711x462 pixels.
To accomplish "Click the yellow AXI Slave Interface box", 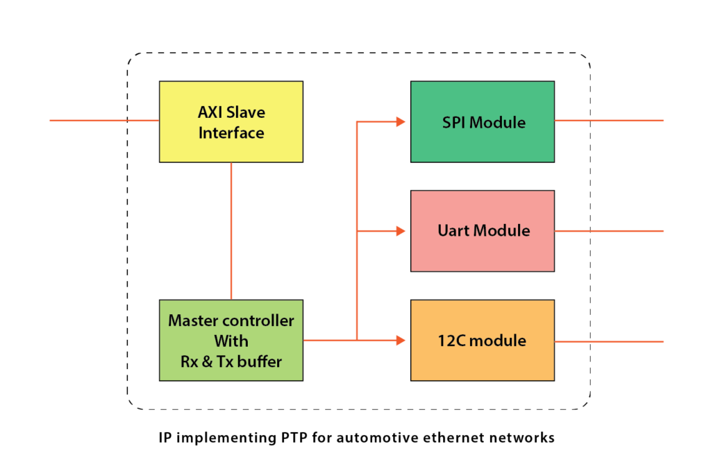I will pyautogui.click(x=231, y=121).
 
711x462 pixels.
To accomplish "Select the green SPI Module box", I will pyautogui.click(x=482, y=121).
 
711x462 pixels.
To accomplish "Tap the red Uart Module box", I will pyautogui.click(x=482, y=230).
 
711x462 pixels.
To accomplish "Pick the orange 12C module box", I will pyautogui.click(x=482, y=340).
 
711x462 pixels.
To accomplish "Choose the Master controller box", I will pyautogui.click(x=231, y=340).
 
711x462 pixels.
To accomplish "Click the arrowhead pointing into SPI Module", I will pyautogui.click(x=401, y=122).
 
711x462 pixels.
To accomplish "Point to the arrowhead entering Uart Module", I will pyautogui.click(x=401, y=231).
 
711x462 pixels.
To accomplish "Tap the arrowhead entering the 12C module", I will pyautogui.click(x=401, y=340).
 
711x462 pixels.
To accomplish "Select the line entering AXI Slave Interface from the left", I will pyautogui.click(x=104, y=120).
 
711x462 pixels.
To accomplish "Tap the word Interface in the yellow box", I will pyautogui.click(x=231, y=132).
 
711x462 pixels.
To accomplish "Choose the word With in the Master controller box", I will pyautogui.click(x=231, y=341).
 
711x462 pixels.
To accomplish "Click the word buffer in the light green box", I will pyautogui.click(x=259, y=361).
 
